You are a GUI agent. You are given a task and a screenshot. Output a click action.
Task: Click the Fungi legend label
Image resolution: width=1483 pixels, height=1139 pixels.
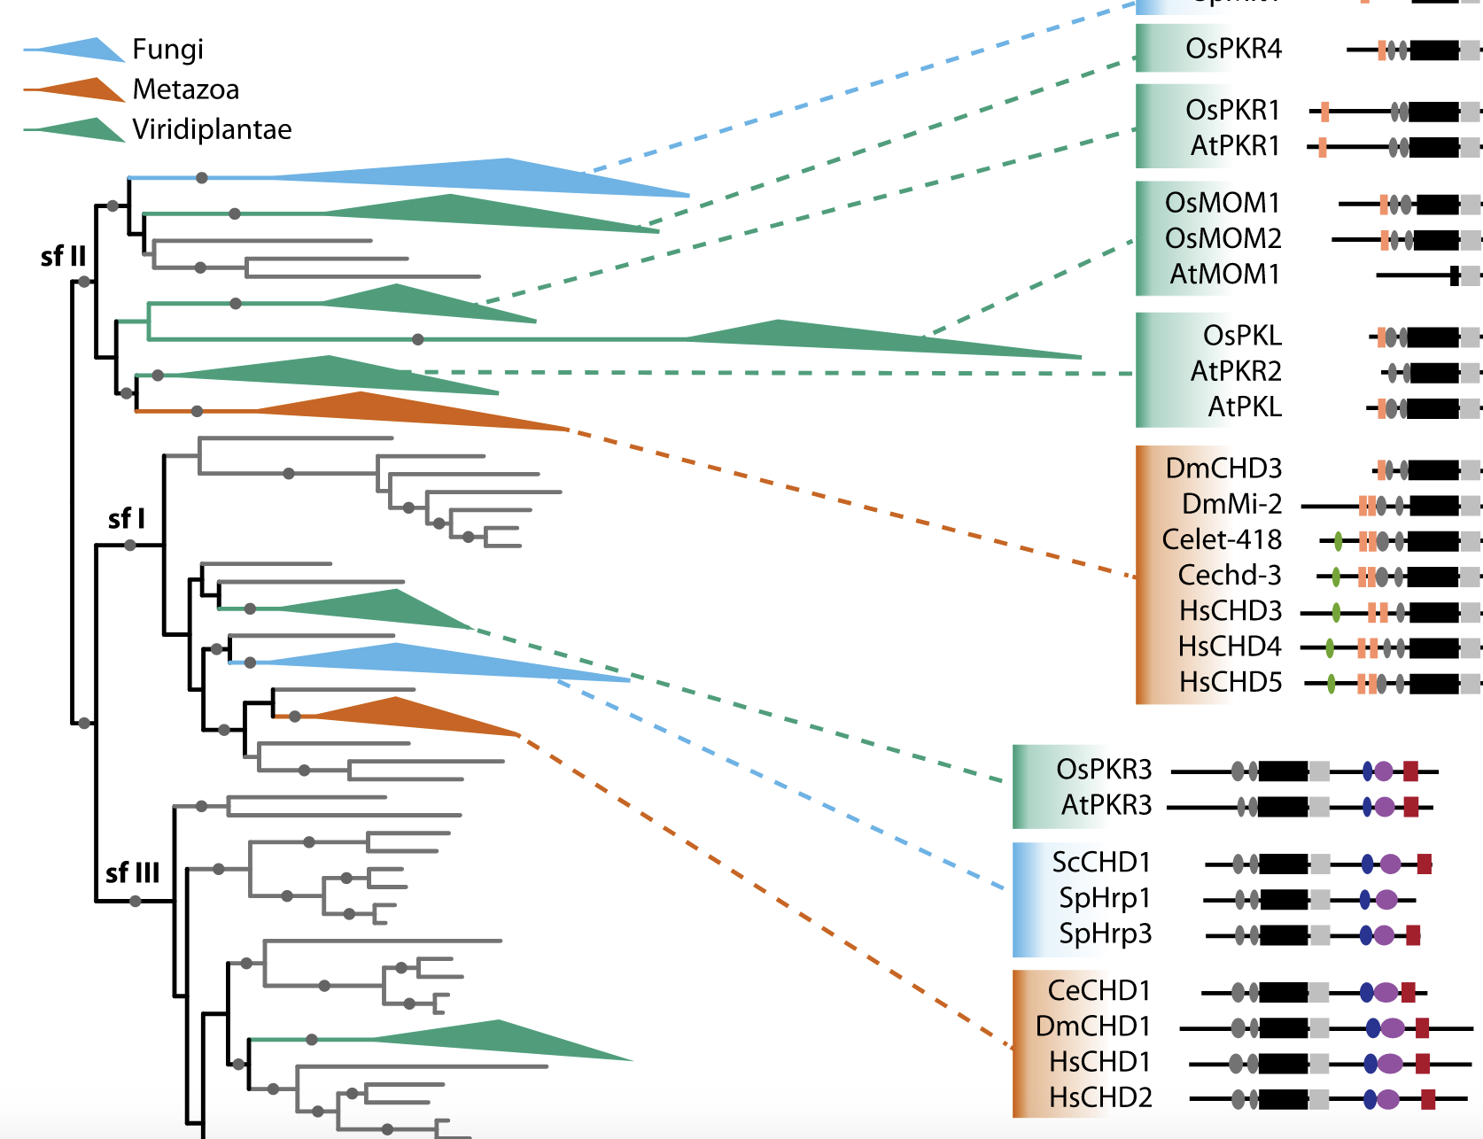pyautogui.click(x=167, y=50)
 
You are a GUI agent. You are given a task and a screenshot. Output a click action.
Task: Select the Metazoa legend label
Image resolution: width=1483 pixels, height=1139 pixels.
pyautogui.click(x=185, y=89)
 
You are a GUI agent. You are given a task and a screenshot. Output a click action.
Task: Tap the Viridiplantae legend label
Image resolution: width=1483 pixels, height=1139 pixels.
pyautogui.click(x=212, y=129)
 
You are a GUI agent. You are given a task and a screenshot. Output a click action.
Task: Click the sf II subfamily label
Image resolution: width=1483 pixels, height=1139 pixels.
pyautogui.click(x=63, y=256)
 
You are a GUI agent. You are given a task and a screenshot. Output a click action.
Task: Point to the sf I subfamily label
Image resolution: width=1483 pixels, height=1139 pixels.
pyautogui.click(x=126, y=519)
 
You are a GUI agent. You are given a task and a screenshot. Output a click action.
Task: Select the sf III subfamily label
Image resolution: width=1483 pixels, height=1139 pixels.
pyautogui.click(x=132, y=873)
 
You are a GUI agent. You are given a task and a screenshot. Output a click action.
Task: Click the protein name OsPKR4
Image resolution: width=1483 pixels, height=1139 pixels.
pyautogui.click(x=1233, y=49)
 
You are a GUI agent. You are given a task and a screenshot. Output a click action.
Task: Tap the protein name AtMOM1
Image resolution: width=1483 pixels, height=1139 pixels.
pyautogui.click(x=1224, y=275)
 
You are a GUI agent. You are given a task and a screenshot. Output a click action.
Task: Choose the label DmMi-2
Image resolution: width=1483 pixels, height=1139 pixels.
pyautogui.click(x=1231, y=505)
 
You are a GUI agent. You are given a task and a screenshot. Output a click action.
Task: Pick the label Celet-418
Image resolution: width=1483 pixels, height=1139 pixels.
pyautogui.click(x=1222, y=540)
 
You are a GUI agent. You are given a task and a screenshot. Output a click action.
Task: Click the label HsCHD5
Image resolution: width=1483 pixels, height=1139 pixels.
pyautogui.click(x=1231, y=683)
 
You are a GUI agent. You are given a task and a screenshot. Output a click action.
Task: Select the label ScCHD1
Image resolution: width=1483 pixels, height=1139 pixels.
pyautogui.click(x=1100, y=863)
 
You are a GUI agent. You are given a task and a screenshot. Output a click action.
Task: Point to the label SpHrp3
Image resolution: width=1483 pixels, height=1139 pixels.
pyautogui.click(x=1105, y=934)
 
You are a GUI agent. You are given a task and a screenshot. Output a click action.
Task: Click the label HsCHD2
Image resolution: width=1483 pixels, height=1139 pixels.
pyautogui.click(x=1100, y=1098)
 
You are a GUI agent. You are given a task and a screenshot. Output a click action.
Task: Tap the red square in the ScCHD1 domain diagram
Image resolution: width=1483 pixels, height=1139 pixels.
pyautogui.click(x=1424, y=864)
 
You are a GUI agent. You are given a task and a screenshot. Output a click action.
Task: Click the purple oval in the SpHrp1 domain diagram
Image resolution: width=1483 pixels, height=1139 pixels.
pyautogui.click(x=1386, y=900)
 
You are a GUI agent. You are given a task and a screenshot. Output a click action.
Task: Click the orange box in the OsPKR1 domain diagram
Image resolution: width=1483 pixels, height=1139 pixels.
pyautogui.click(x=1324, y=112)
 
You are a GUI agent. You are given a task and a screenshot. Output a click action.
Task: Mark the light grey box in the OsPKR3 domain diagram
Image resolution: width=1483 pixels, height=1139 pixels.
pyautogui.click(x=1319, y=771)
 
